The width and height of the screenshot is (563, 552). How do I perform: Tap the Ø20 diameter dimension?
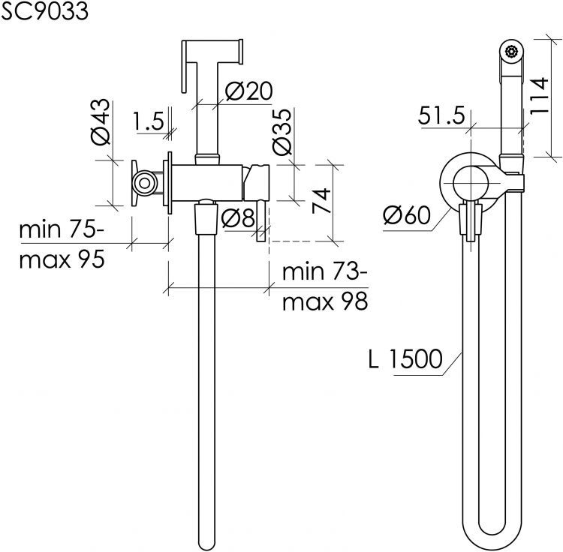(x=248, y=91)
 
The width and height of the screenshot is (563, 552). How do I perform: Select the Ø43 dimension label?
(x=100, y=122)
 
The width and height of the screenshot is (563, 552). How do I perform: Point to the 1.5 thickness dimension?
(x=149, y=121)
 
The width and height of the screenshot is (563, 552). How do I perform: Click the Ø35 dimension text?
(x=281, y=132)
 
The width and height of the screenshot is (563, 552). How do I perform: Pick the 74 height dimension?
(x=321, y=201)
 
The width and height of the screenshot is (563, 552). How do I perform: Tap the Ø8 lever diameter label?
(x=238, y=217)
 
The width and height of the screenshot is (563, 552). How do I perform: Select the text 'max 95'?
(x=62, y=259)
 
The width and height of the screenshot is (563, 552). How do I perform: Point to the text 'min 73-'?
(x=324, y=271)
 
